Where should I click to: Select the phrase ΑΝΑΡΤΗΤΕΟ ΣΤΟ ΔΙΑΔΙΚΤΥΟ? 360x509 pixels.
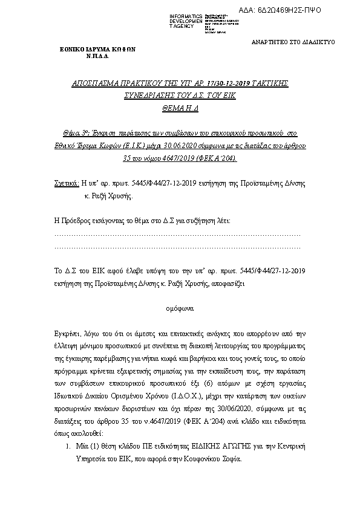(x=293, y=42)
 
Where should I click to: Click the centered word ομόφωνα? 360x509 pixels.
(x=180, y=307)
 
